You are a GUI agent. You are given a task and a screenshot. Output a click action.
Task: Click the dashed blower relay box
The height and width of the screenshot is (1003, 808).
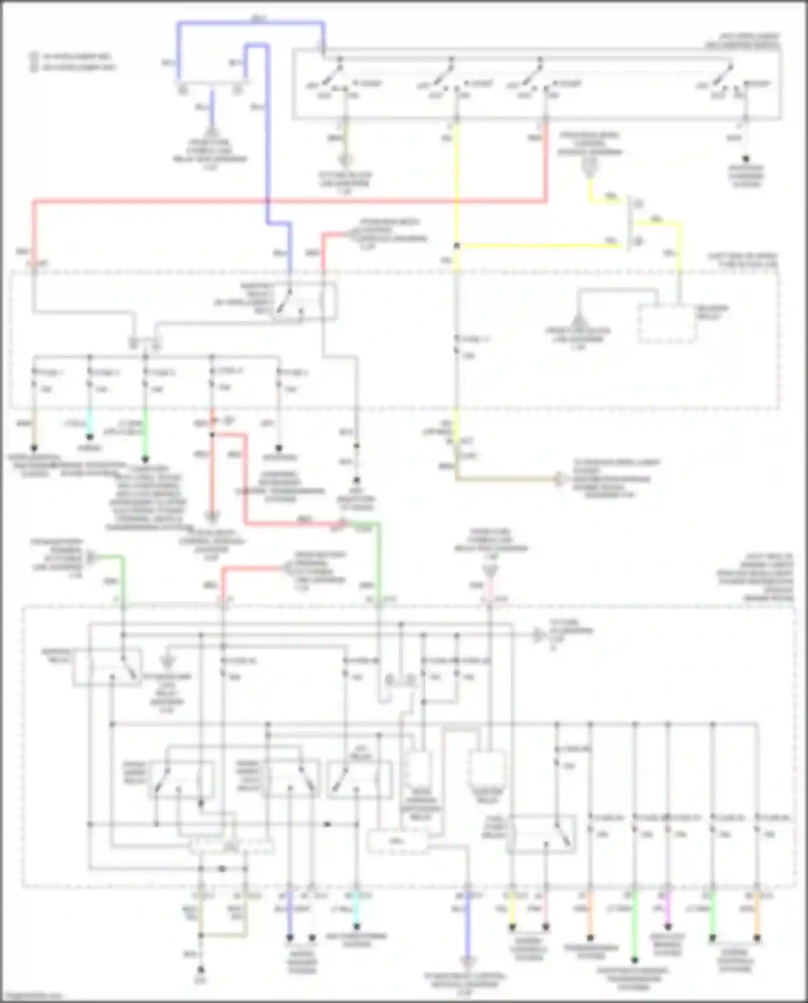(x=667, y=324)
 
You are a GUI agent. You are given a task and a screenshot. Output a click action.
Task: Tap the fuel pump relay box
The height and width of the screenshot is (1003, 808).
(x=541, y=834)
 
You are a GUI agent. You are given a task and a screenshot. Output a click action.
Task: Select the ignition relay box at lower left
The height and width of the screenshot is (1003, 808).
(x=108, y=667)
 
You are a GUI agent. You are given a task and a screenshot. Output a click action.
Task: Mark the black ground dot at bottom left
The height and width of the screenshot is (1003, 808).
(x=200, y=969)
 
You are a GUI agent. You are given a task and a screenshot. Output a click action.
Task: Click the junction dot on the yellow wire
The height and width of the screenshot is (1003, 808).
(x=456, y=246)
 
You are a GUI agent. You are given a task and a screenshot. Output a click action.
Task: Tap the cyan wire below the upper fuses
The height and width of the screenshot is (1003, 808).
(x=90, y=424)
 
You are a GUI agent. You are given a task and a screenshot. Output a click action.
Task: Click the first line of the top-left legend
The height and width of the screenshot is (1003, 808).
(x=73, y=56)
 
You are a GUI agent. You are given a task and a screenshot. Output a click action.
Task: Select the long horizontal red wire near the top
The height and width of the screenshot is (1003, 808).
(x=269, y=202)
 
